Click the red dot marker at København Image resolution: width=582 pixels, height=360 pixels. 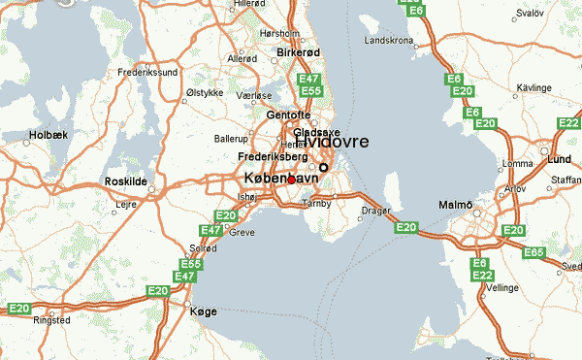coord(291,180)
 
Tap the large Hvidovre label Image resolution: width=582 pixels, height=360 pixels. coord(333,142)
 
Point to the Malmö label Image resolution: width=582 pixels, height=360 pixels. coord(457,205)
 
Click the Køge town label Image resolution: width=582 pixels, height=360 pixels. coord(204,311)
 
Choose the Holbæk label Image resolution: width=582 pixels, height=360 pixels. coord(48,135)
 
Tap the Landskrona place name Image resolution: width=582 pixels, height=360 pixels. coord(388,41)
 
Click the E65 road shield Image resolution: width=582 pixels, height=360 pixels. coord(533,252)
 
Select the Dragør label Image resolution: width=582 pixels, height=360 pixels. coord(375,209)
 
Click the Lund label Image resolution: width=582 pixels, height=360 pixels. coord(561,157)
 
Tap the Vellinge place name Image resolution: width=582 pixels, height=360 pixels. coord(502,288)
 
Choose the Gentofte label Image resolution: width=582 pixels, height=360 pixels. coord(285,115)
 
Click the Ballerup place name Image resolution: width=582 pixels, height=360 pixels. coord(231,140)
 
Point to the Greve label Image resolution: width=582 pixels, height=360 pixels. coord(242,233)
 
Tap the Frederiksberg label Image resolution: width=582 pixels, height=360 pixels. coord(273,156)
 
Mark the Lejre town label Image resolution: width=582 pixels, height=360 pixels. coord(126,205)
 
